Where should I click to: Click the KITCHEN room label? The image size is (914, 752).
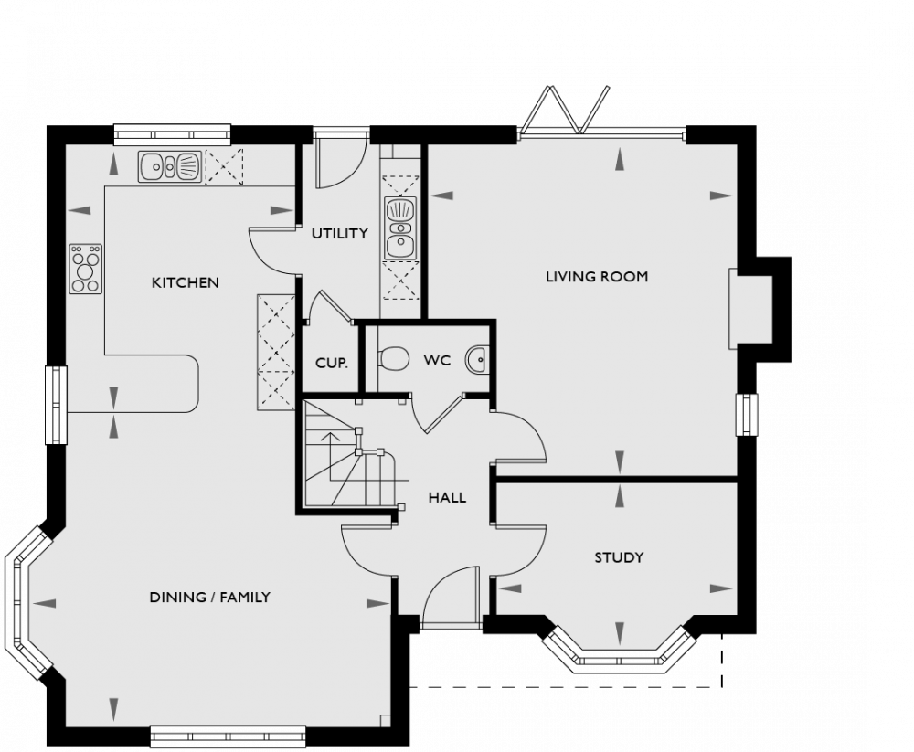point(185,282)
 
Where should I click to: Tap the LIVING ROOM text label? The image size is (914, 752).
point(597,276)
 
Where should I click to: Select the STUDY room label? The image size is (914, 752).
point(619,557)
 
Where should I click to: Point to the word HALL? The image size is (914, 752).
point(447,498)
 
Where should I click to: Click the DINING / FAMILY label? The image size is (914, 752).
point(209,598)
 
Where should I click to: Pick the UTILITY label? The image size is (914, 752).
point(339,234)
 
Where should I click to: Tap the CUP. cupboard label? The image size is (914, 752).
point(331,363)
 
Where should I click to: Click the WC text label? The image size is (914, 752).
point(437,361)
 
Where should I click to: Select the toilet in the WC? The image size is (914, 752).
point(393,359)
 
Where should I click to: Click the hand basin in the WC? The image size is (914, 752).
point(478,362)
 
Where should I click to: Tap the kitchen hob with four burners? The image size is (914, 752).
point(86,269)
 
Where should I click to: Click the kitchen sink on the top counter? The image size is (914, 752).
point(170,167)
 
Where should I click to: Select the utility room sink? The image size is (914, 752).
point(400,228)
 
